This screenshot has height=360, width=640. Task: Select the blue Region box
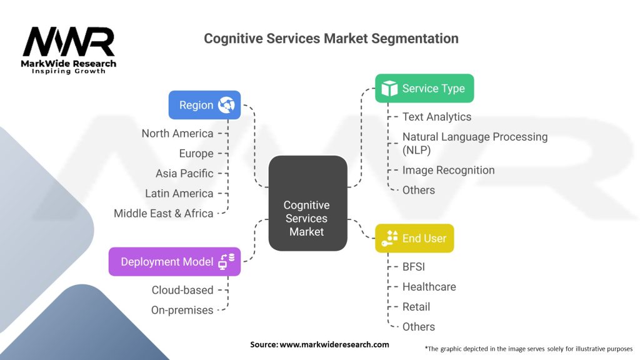(204, 105)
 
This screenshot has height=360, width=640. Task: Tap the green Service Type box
(424, 88)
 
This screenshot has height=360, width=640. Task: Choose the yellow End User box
(414, 238)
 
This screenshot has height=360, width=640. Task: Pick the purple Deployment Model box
(174, 261)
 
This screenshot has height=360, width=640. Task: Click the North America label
(177, 133)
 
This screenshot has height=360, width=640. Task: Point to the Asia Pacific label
(184, 173)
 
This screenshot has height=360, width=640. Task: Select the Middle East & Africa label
(164, 213)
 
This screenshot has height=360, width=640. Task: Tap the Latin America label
(179, 193)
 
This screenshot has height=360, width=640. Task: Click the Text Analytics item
(437, 117)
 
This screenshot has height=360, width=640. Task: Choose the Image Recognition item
(448, 170)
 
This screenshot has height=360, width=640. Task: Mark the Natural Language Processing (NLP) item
(474, 143)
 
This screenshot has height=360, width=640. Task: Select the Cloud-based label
(182, 290)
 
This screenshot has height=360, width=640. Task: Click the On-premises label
(182, 310)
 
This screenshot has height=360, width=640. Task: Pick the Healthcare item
(429, 287)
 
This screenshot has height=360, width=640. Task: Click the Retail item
(416, 307)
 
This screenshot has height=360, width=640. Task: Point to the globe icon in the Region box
(226, 105)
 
